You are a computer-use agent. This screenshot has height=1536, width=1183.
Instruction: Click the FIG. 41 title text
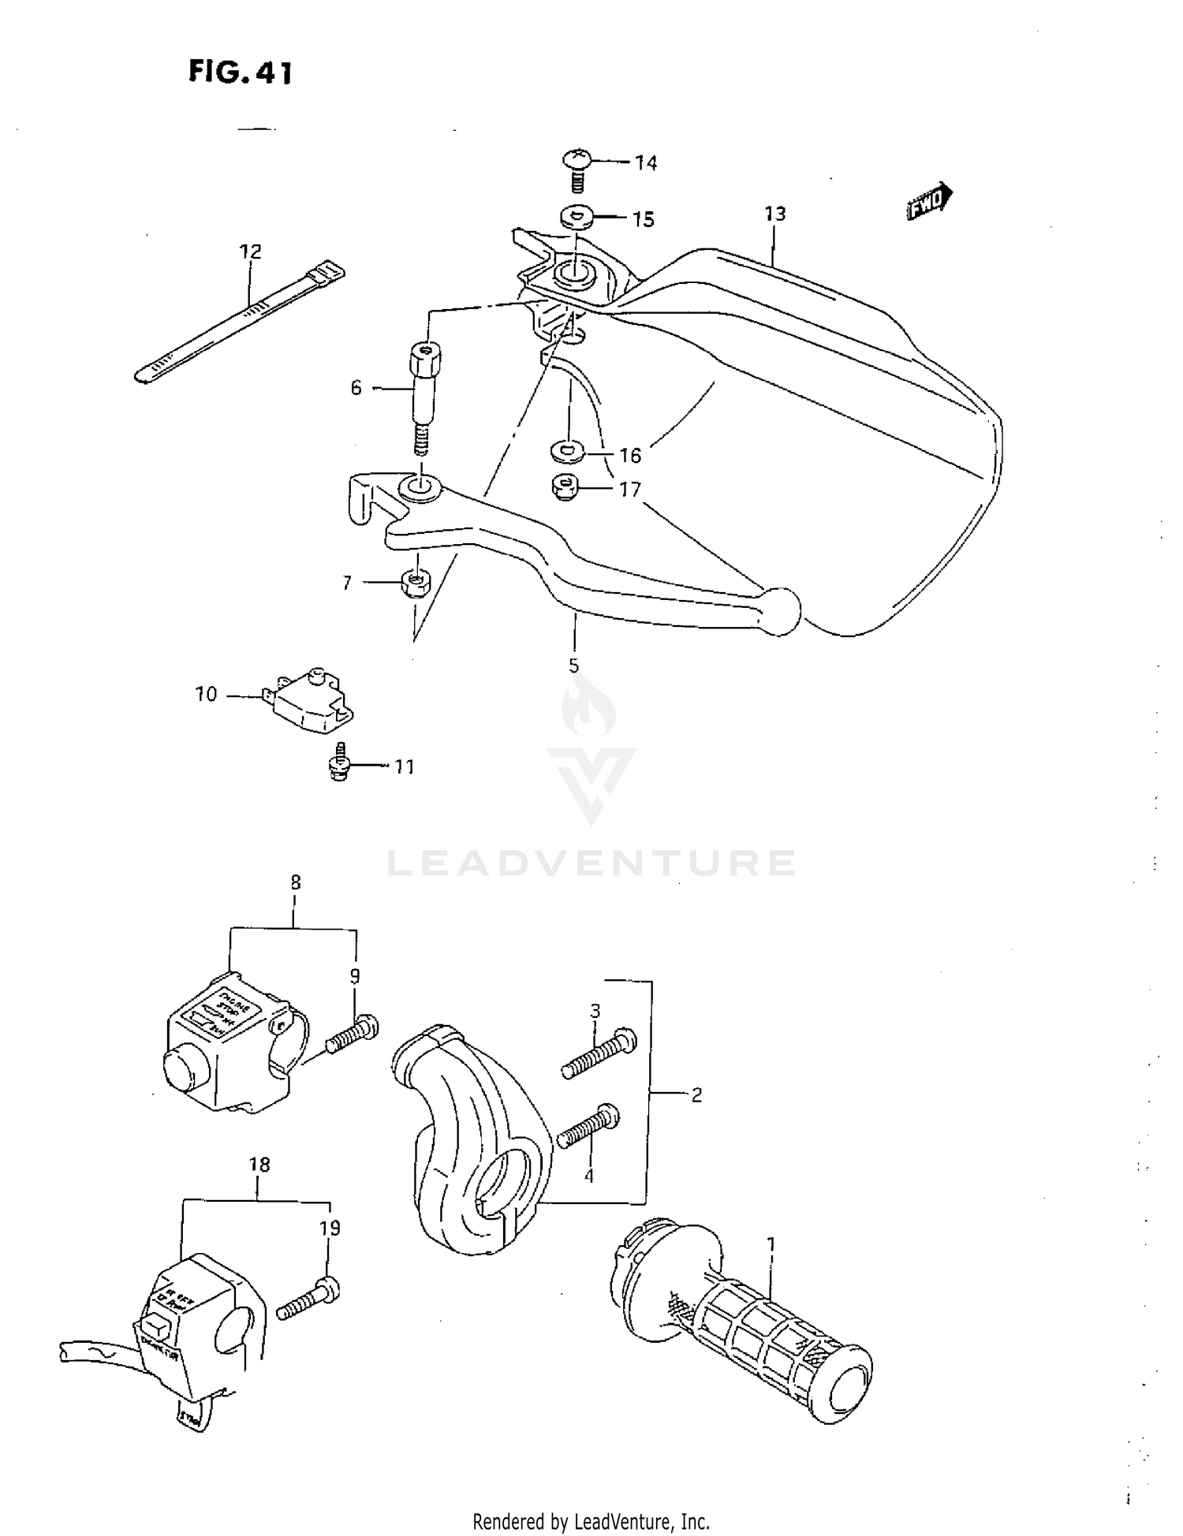(x=241, y=73)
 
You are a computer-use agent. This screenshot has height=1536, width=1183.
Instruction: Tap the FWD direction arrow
(x=929, y=203)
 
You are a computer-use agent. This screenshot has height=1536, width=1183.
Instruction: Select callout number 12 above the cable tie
(x=250, y=252)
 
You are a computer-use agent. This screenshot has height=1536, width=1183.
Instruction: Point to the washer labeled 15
(x=576, y=216)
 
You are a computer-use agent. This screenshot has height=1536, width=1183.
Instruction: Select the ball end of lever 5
(x=779, y=609)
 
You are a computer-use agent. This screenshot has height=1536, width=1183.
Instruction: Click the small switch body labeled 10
(x=312, y=697)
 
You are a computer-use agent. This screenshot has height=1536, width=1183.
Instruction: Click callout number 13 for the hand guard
(x=774, y=214)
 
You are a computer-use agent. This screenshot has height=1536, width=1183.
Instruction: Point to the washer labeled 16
(x=567, y=450)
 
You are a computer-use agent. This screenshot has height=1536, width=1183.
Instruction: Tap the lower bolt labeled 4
(x=589, y=1127)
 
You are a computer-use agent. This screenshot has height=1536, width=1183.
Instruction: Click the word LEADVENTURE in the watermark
(x=591, y=863)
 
